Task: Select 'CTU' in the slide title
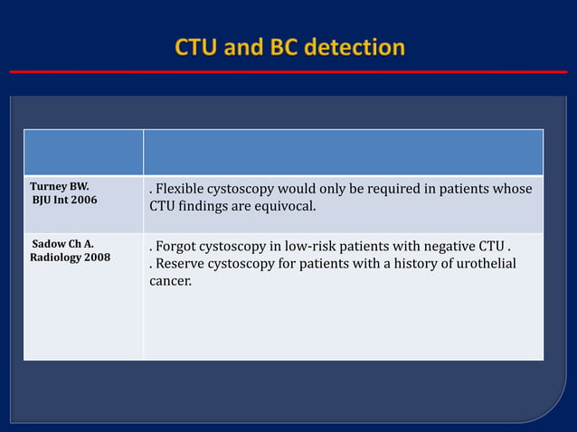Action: (x=196, y=47)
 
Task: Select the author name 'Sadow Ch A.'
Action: (x=63, y=244)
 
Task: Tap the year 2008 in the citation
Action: (x=97, y=258)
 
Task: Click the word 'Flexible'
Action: (x=180, y=189)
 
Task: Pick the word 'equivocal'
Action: (x=288, y=207)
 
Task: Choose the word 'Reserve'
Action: (x=181, y=264)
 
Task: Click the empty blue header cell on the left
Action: (x=83, y=152)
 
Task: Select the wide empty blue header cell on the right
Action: (x=344, y=152)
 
